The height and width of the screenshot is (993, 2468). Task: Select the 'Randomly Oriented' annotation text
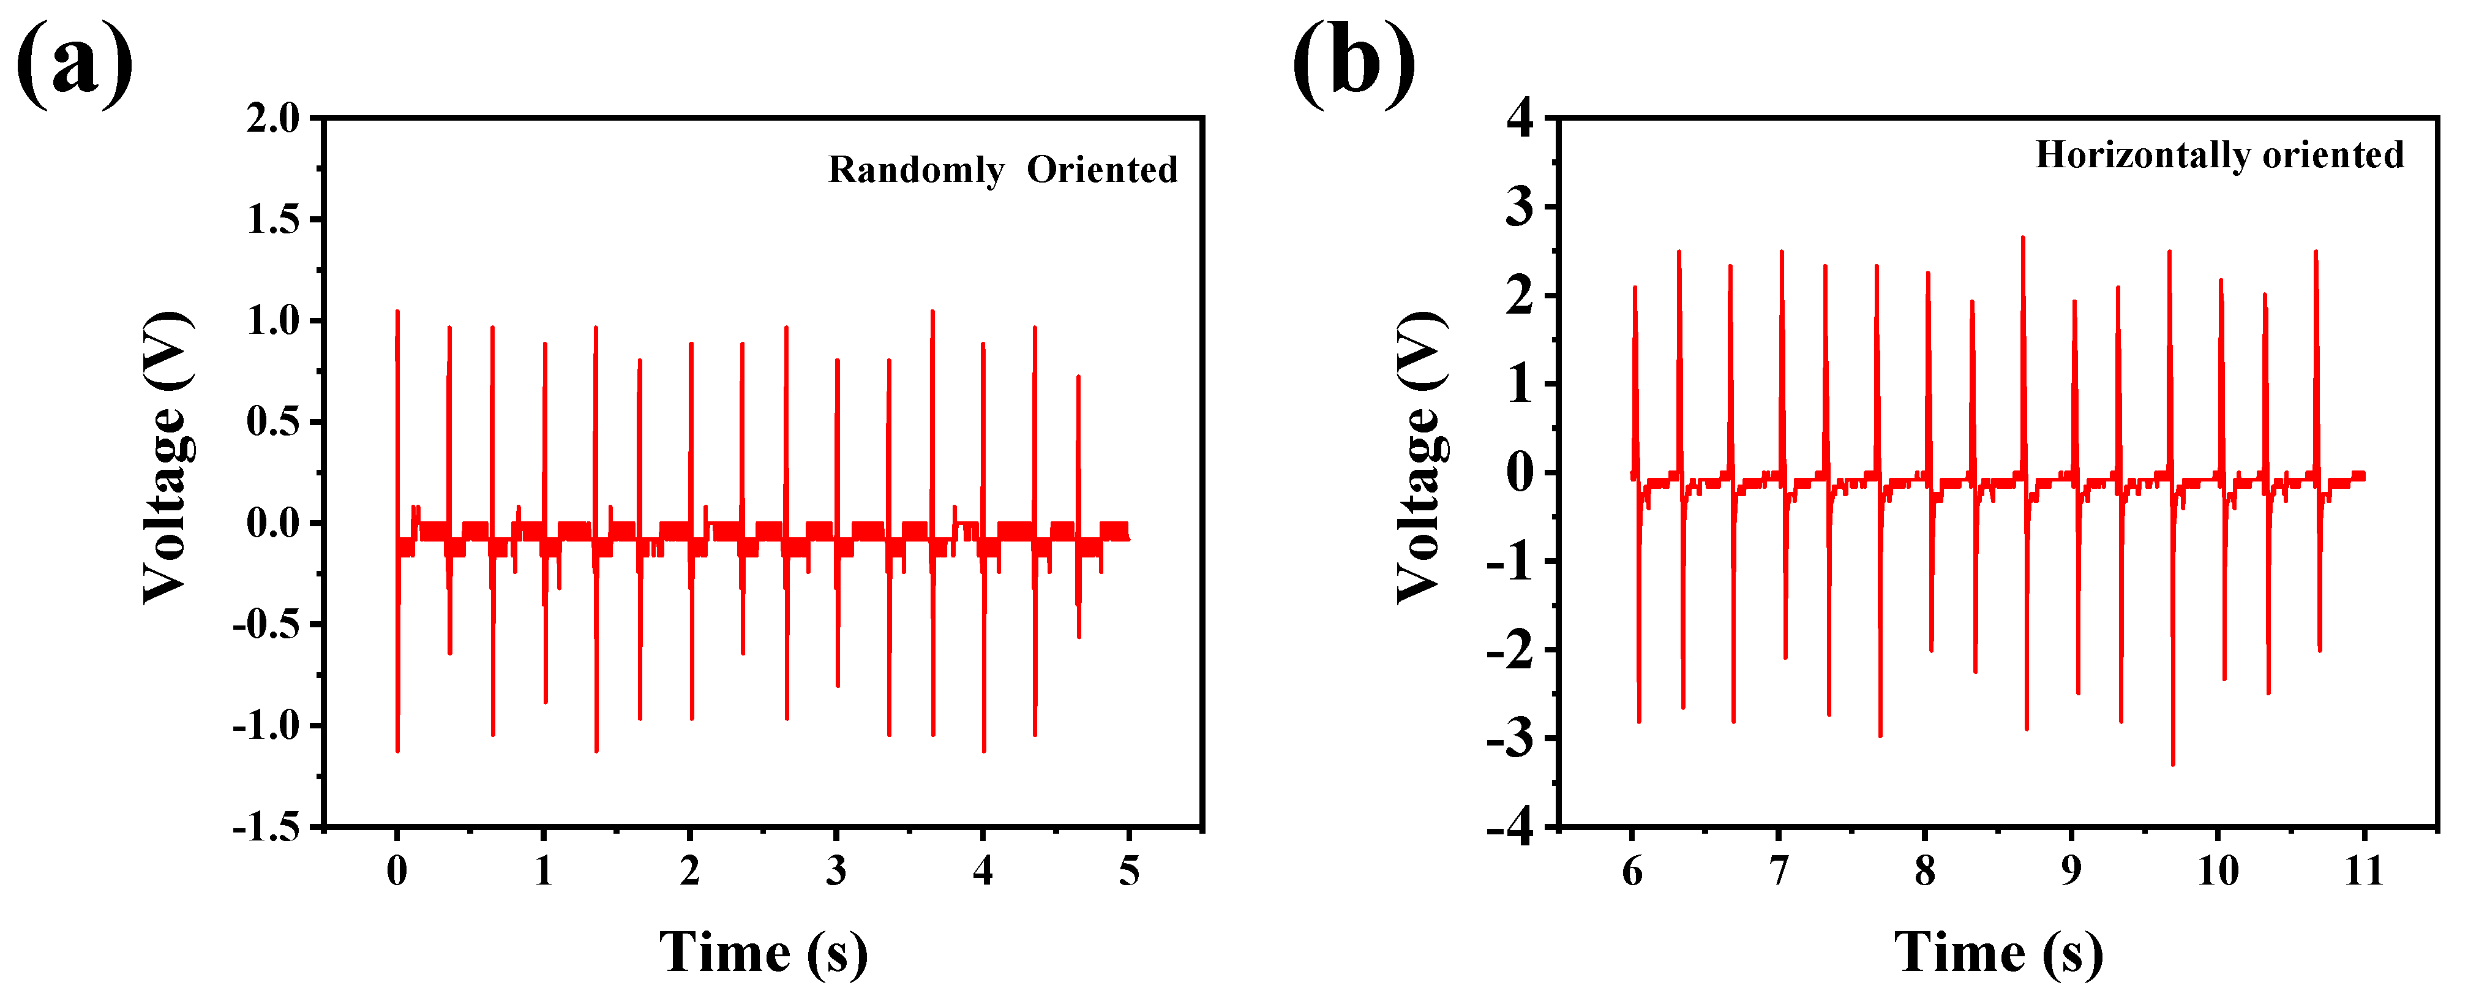tap(1003, 170)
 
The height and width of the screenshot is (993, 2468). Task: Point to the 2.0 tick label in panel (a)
tap(273, 119)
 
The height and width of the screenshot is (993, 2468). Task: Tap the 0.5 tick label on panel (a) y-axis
tap(273, 421)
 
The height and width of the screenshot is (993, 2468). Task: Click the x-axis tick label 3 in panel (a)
tap(836, 871)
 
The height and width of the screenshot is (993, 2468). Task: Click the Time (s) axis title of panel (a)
tap(763, 953)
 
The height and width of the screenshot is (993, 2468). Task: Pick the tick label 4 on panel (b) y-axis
tap(1520, 119)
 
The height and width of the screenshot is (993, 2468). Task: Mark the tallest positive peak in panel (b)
tap(2022, 238)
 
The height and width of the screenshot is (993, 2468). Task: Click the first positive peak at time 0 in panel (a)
tap(397, 312)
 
